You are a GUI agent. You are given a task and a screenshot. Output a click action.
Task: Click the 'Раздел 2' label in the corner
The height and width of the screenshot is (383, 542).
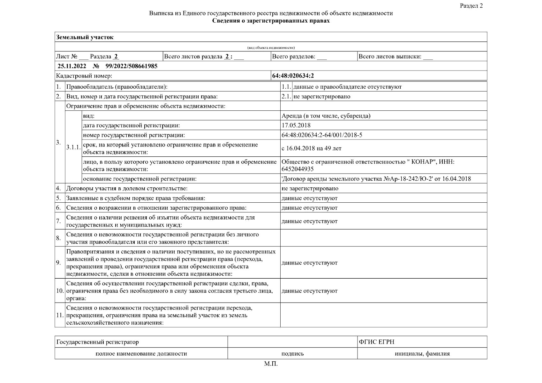click(x=471, y=6)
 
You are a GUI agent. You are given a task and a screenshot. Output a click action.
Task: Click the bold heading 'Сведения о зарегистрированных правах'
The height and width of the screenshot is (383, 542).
click(x=271, y=21)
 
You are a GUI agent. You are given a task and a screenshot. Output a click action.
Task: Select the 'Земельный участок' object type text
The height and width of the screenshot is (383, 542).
click(x=85, y=37)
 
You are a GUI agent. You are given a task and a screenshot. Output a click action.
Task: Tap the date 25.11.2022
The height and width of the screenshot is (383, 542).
click(x=72, y=66)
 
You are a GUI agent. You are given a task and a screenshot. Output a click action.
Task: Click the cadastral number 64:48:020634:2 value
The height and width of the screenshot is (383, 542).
click(x=293, y=76)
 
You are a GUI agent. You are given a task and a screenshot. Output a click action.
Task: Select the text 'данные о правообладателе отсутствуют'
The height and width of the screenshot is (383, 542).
click(x=347, y=87)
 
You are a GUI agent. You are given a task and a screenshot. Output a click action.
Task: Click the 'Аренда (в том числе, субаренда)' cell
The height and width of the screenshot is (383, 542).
click(x=326, y=116)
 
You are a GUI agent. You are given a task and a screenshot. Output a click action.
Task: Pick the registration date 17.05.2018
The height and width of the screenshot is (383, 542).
click(x=296, y=125)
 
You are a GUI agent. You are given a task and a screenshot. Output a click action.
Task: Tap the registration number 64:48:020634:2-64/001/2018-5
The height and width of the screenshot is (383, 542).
click(x=322, y=135)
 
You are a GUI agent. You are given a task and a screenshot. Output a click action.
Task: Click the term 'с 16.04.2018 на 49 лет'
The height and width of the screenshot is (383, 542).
click(x=311, y=148)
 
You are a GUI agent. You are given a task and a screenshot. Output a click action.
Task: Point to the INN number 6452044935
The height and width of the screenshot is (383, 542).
click(x=297, y=169)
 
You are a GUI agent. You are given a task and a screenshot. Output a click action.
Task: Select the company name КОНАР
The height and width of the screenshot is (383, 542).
click(x=424, y=162)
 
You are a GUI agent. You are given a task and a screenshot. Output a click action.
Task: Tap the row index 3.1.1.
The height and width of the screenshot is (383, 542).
click(x=73, y=147)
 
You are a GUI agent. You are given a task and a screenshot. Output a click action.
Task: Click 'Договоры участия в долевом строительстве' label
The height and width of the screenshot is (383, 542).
click(x=127, y=188)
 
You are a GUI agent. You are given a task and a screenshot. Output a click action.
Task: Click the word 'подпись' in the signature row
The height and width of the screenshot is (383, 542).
click(x=292, y=354)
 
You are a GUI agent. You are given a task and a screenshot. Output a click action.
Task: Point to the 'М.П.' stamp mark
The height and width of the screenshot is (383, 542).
click(x=271, y=364)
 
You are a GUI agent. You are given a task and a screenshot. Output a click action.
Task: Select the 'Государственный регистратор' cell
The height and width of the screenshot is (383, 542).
click(x=98, y=342)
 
